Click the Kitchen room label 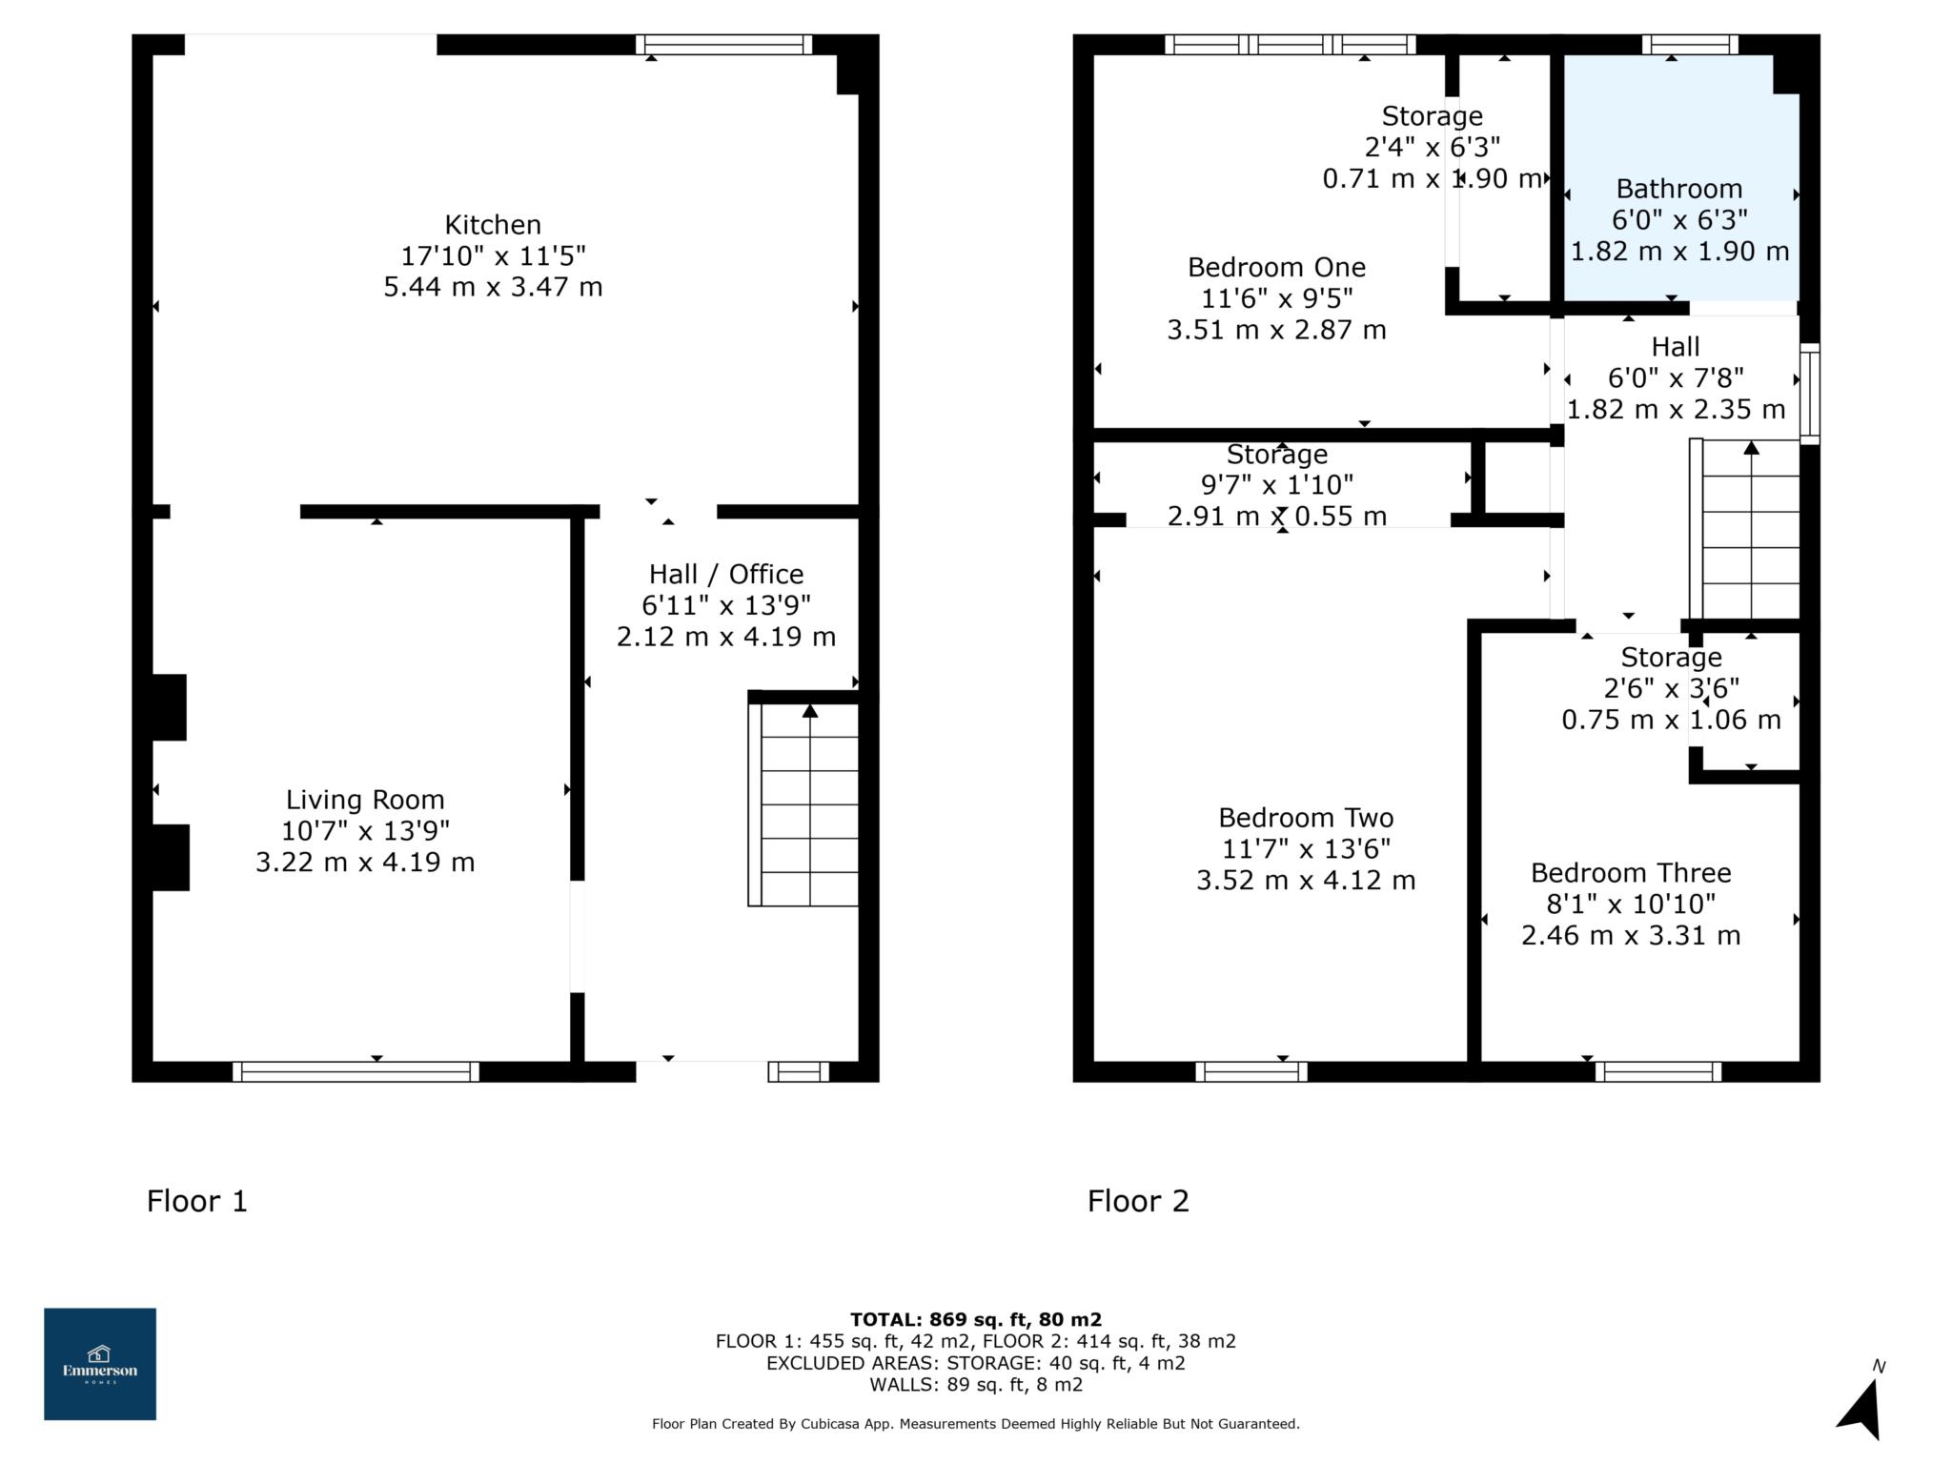click(x=493, y=225)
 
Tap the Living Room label click(x=365, y=800)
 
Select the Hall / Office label click(x=726, y=574)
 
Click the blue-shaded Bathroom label click(x=1679, y=189)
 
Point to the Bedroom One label click(x=1276, y=267)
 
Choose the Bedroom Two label click(x=1306, y=818)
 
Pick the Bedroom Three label click(x=1631, y=873)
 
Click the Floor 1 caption click(x=197, y=1201)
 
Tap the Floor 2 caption click(x=1138, y=1201)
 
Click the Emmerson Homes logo click(x=100, y=1364)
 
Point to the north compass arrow click(x=1861, y=1408)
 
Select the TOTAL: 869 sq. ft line click(x=976, y=1320)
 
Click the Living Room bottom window click(x=356, y=1071)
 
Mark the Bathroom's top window click(x=1690, y=44)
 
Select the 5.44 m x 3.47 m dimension click(x=493, y=287)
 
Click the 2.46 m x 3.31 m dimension click(x=1631, y=935)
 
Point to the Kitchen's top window click(x=724, y=44)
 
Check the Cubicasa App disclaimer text click(x=976, y=1424)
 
